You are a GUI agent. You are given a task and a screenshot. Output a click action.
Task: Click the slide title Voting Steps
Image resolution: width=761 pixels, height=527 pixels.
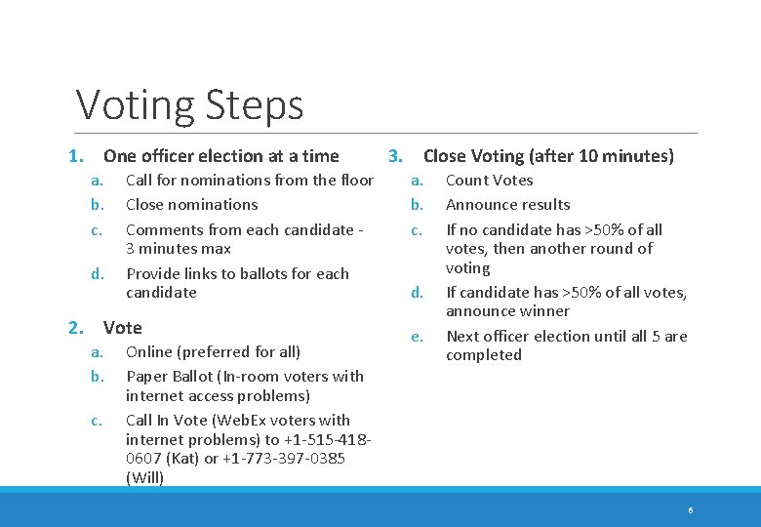point(190,104)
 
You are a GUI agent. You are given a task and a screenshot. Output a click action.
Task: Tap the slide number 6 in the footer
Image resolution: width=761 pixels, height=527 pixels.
point(691,510)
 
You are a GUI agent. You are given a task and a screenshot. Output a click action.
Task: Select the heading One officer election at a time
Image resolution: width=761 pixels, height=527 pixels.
point(221,156)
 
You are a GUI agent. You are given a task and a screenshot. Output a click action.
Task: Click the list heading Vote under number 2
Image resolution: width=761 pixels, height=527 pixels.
point(123,328)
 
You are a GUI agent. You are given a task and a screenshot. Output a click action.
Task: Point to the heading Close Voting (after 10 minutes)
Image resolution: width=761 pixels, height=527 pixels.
point(548,156)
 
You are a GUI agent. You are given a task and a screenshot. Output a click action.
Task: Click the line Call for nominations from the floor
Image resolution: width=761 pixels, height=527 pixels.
point(250,180)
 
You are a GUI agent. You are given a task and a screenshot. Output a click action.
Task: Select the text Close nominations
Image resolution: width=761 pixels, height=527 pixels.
point(192,204)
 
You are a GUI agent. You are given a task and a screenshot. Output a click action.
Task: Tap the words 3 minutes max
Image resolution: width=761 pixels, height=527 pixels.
point(179,249)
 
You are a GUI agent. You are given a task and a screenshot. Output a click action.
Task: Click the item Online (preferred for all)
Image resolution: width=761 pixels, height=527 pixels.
point(214,351)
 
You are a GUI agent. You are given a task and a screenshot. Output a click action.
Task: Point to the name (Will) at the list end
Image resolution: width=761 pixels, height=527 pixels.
point(145,478)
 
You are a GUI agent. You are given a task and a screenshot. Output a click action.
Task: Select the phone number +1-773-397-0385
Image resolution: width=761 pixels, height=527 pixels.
point(284,459)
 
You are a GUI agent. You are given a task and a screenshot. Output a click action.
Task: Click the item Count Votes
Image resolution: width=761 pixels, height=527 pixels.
point(490,180)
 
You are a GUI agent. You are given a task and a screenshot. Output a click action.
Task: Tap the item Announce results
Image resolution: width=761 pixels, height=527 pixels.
point(508,204)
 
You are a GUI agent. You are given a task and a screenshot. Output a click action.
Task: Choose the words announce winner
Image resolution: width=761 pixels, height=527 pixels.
point(507,311)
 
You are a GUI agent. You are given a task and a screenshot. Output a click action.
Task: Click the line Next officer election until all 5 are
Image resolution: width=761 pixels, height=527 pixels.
point(567,336)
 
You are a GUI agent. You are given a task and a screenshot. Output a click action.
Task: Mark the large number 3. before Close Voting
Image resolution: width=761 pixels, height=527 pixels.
point(396,156)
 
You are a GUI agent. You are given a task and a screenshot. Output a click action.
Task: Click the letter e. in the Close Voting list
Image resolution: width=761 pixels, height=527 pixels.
point(418,336)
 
